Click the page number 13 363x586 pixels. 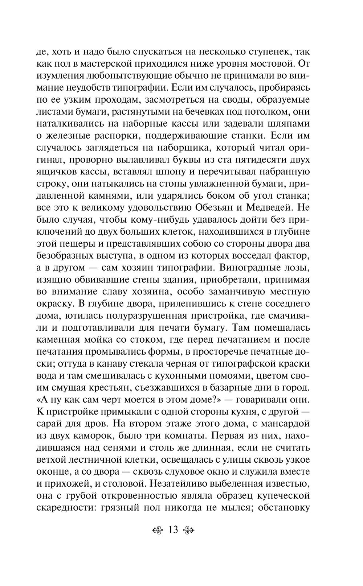(173, 530)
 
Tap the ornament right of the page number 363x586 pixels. (188, 531)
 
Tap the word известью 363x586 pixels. (287, 483)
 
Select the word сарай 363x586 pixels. (50, 424)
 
